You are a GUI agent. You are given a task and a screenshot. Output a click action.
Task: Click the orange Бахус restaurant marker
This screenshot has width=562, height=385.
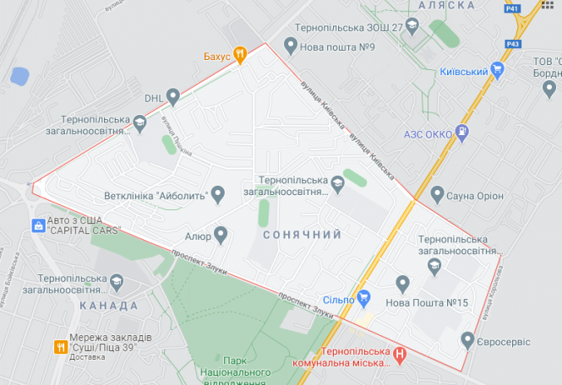point(240,55)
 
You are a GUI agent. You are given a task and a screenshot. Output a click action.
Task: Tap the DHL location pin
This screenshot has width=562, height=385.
point(173,97)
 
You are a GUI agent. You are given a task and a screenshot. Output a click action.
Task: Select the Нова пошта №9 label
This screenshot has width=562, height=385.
point(335,46)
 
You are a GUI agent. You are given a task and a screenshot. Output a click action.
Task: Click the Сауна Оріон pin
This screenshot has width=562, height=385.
point(437,195)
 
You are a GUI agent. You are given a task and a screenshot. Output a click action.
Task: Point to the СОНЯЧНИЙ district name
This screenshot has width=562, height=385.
point(302,234)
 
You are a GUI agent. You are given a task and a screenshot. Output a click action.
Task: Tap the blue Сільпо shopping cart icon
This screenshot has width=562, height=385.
point(364,297)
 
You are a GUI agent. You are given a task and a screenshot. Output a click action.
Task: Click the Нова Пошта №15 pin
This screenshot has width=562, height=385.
point(403,284)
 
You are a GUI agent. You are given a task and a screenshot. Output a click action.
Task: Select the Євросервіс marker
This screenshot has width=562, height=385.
point(467,340)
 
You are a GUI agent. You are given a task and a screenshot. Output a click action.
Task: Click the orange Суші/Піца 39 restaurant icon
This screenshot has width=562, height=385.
point(60,346)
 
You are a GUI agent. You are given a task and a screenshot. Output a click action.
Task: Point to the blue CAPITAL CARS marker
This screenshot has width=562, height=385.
point(38,225)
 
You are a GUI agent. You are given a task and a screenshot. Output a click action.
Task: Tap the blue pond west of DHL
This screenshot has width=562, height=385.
point(19,76)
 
